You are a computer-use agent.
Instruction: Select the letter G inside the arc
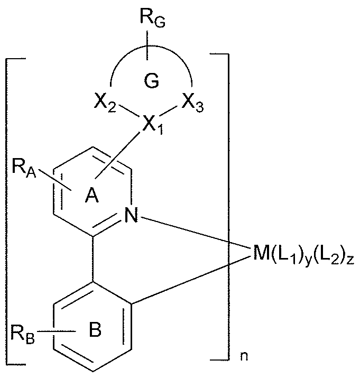[150, 82]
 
